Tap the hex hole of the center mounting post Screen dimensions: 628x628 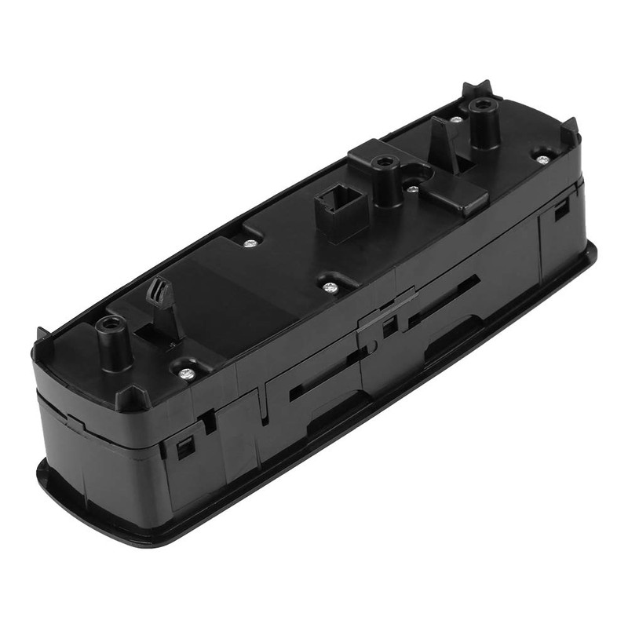[x=383, y=163]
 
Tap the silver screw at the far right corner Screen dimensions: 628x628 [x=542, y=157]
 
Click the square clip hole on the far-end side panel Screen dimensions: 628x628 [x=560, y=211]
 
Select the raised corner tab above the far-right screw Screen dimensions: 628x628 [x=569, y=130]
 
